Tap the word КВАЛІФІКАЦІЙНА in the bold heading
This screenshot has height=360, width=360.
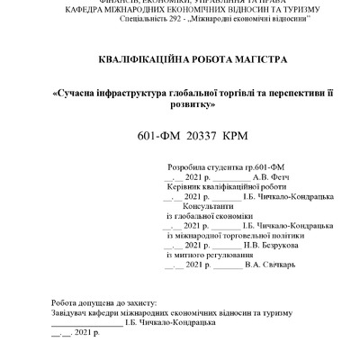coord(142,59)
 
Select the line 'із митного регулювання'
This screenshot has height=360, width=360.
coord(207,256)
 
